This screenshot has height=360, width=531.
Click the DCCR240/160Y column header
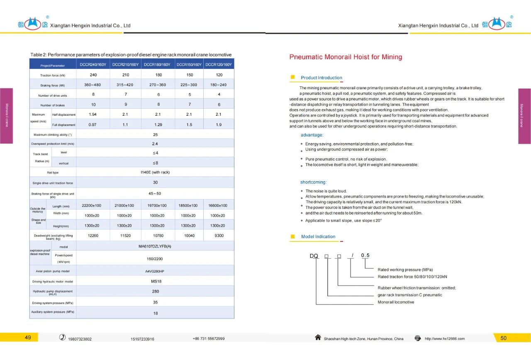[93, 64]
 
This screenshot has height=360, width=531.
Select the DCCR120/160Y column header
[219, 64]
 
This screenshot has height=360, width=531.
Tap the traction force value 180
[158, 75]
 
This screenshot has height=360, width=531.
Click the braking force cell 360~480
[93, 85]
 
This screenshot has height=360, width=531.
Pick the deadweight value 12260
[93, 236]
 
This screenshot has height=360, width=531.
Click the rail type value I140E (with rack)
[155, 172]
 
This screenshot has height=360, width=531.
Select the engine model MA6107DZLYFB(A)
[155, 246]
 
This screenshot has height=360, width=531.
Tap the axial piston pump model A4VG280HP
[155, 271]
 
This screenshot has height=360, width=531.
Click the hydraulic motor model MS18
[155, 281]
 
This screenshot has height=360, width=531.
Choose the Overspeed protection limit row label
[53, 144]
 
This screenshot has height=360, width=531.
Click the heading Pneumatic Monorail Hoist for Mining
[346, 57]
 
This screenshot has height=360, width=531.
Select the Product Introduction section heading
[322, 78]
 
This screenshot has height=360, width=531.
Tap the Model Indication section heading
[318, 237]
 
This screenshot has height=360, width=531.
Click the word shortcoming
[313, 182]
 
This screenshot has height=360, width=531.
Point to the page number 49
[28, 338]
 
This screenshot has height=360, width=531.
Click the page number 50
[503, 338]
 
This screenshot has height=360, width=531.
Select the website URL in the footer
[445, 339]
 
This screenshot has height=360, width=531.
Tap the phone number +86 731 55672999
[209, 339]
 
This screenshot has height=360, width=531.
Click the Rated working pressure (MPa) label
[405, 270]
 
